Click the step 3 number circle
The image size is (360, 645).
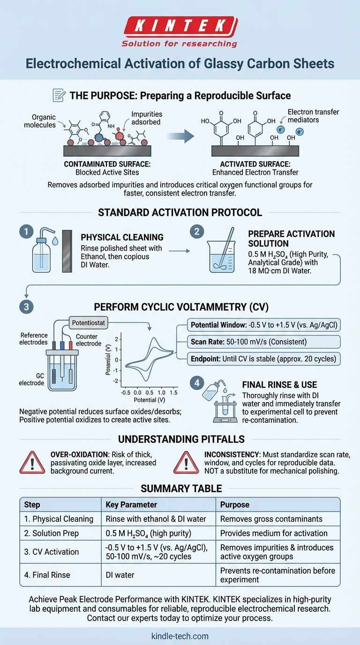click(26, 307)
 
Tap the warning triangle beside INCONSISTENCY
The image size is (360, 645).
click(186, 463)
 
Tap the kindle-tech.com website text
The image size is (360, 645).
click(180, 636)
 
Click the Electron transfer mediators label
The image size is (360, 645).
click(313, 116)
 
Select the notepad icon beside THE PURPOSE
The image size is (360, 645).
click(59, 96)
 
